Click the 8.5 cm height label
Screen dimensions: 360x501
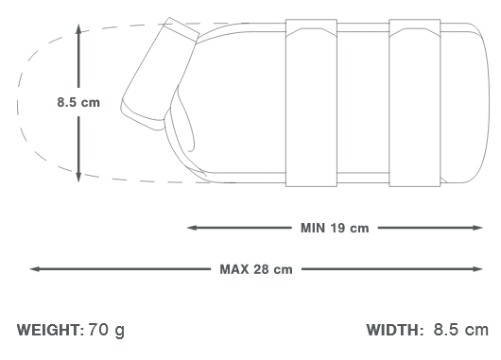tap(77, 102)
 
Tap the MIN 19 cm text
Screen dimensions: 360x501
tap(335, 228)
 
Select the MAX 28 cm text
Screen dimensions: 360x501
tap(255, 268)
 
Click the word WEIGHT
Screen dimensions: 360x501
tap(50, 330)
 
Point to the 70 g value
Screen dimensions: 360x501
tap(106, 330)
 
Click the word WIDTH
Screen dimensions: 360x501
tap(395, 330)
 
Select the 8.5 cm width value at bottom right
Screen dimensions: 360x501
tap(460, 330)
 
